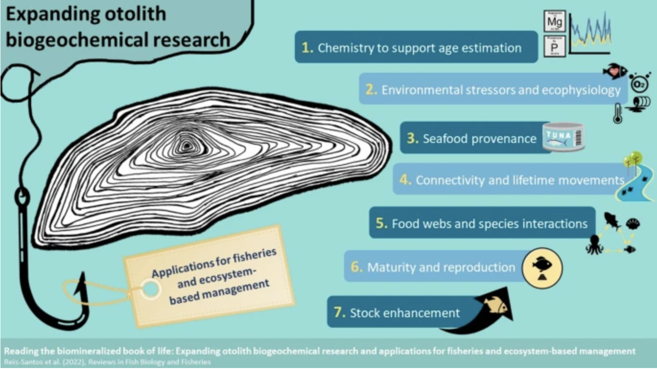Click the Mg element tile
point(554,22)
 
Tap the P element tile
point(554,46)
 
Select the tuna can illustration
point(564,137)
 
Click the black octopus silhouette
point(594,244)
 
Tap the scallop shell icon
point(633,223)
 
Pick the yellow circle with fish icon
point(541,266)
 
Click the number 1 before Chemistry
point(307,47)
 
